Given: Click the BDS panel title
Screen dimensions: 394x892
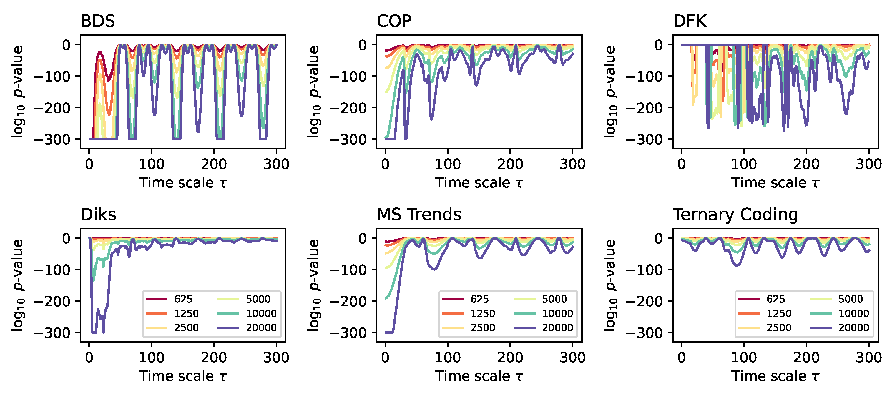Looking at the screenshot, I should click(x=98, y=21).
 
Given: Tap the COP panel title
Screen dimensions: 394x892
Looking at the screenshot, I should click(x=394, y=21).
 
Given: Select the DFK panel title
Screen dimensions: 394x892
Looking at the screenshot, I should click(x=690, y=21).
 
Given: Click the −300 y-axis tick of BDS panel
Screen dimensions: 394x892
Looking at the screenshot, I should click(x=52, y=139).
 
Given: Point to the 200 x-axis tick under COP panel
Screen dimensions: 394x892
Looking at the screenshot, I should click(x=510, y=164).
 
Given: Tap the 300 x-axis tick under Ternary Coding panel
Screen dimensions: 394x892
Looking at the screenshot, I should click(x=868, y=357).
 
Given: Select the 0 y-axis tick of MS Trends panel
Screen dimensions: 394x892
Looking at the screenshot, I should click(x=362, y=238).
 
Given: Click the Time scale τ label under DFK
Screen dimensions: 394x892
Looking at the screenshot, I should click(x=775, y=183).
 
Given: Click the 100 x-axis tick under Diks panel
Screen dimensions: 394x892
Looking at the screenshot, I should click(x=151, y=357).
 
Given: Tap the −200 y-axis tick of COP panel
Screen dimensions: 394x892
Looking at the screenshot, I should click(x=348, y=108).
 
